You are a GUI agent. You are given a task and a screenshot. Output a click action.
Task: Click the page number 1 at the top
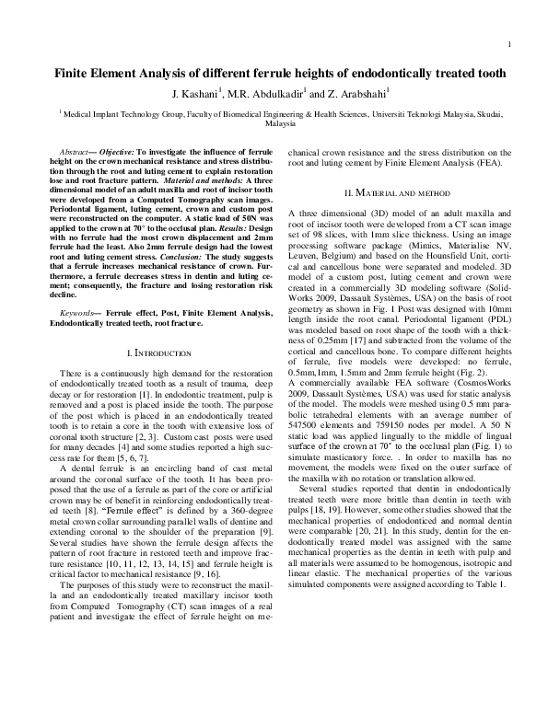point(509,45)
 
